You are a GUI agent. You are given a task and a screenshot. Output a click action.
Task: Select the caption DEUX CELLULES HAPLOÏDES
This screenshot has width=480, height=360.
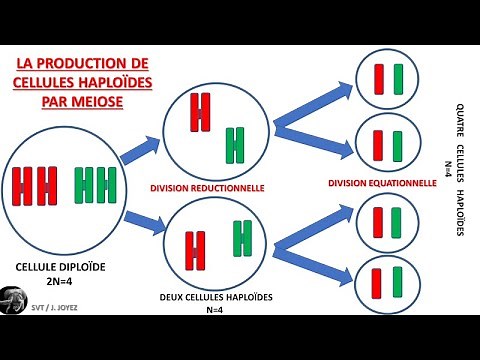coord(217,297)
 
